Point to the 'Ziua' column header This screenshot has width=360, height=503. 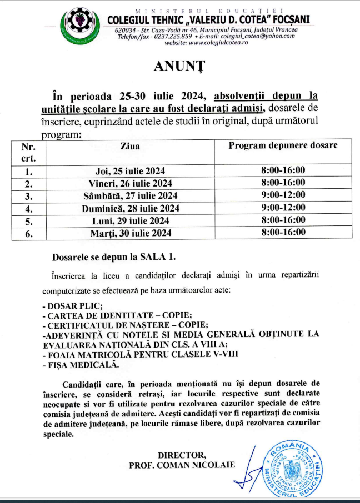tap(130, 146)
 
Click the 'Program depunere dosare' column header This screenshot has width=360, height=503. tap(283, 145)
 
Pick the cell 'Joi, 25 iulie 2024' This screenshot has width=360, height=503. tap(130, 170)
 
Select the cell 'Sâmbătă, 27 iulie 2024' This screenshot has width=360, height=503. tap(130, 195)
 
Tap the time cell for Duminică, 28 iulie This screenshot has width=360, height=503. tap(283, 208)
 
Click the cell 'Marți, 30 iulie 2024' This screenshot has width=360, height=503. tap(130, 233)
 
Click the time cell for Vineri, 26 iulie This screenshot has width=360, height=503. tap(283, 183)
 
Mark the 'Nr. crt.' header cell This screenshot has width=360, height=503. tap(28, 152)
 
